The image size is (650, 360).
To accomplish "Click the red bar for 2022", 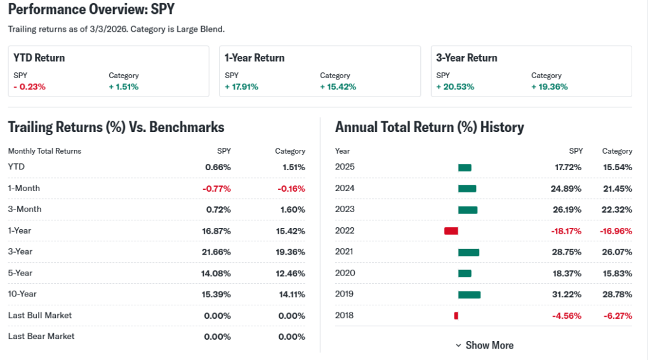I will [451, 230].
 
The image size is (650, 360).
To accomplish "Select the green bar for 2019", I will [469, 294].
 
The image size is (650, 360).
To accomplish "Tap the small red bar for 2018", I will [456, 316].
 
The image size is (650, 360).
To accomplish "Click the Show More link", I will [484, 345].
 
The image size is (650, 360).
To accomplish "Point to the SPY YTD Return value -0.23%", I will [29, 87].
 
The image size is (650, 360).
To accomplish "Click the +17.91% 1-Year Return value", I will [241, 87].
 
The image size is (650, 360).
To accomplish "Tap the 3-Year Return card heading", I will [467, 58].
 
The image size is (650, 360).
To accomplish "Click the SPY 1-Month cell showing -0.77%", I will [216, 189].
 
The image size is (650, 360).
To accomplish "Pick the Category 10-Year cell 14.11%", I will [292, 295].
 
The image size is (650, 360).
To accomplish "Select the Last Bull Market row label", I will [40, 316].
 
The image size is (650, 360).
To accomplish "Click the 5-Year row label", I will [20, 273].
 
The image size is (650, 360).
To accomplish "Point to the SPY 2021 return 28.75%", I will [567, 252].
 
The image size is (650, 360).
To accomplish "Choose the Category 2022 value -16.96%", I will [616, 231].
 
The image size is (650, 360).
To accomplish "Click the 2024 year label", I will [345, 189].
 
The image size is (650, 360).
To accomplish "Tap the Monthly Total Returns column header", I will [44, 151].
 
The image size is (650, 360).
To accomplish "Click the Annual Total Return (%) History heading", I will [429, 127].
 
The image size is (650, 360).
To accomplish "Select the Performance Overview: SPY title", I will [91, 10].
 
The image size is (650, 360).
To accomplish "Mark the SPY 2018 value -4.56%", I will [567, 316].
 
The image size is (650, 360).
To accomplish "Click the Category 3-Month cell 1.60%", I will [292, 210].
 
